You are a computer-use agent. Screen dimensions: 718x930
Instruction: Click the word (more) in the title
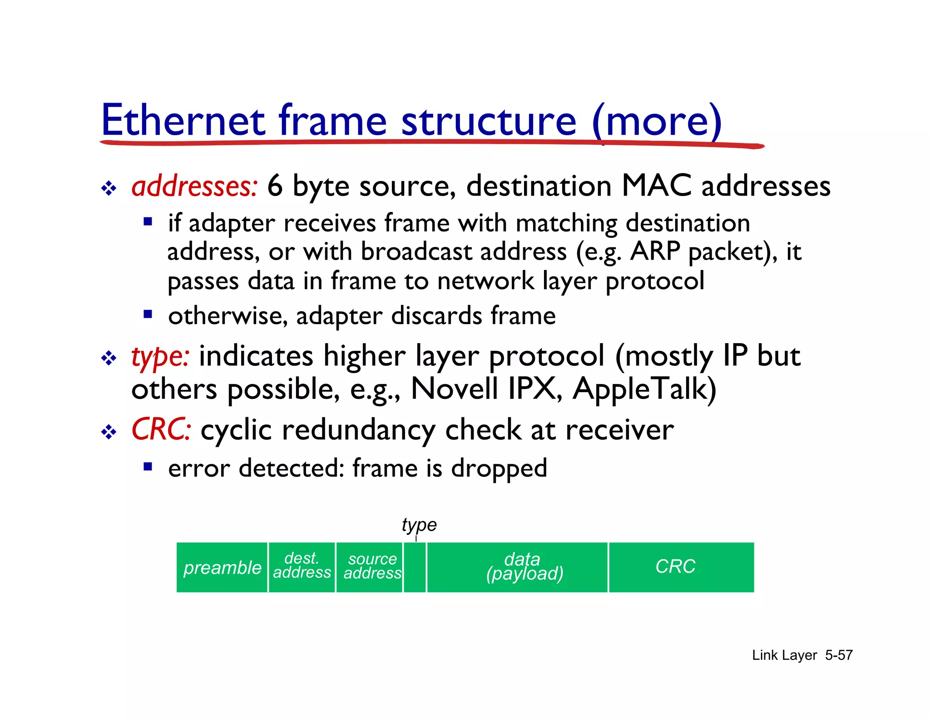pos(657,120)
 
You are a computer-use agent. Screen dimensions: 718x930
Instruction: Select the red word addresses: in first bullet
pos(194,186)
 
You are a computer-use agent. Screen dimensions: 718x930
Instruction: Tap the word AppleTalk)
pos(644,389)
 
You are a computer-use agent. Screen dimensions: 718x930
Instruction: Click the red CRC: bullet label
pos(161,429)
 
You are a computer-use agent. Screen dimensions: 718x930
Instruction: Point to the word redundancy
pos(359,430)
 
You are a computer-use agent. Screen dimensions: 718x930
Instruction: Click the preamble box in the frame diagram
pos(222,567)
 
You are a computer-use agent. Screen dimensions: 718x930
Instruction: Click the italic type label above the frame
pos(419,525)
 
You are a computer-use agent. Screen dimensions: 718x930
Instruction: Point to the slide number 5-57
pos(838,655)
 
